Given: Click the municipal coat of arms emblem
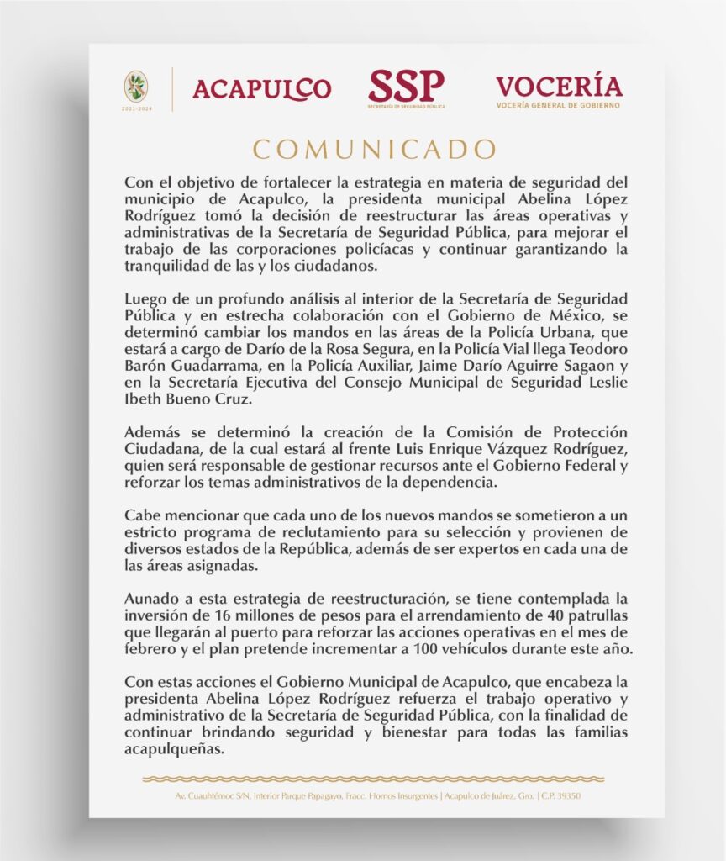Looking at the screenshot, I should click(135, 87).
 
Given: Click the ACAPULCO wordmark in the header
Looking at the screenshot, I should click(261, 88).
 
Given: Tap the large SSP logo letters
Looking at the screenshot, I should click(406, 85).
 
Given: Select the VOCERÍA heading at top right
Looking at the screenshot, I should click(559, 86).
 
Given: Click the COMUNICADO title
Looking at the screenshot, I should click(363, 150).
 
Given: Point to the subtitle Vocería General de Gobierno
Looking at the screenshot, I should click(558, 106).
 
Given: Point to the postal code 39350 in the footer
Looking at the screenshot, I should click(565, 795).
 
